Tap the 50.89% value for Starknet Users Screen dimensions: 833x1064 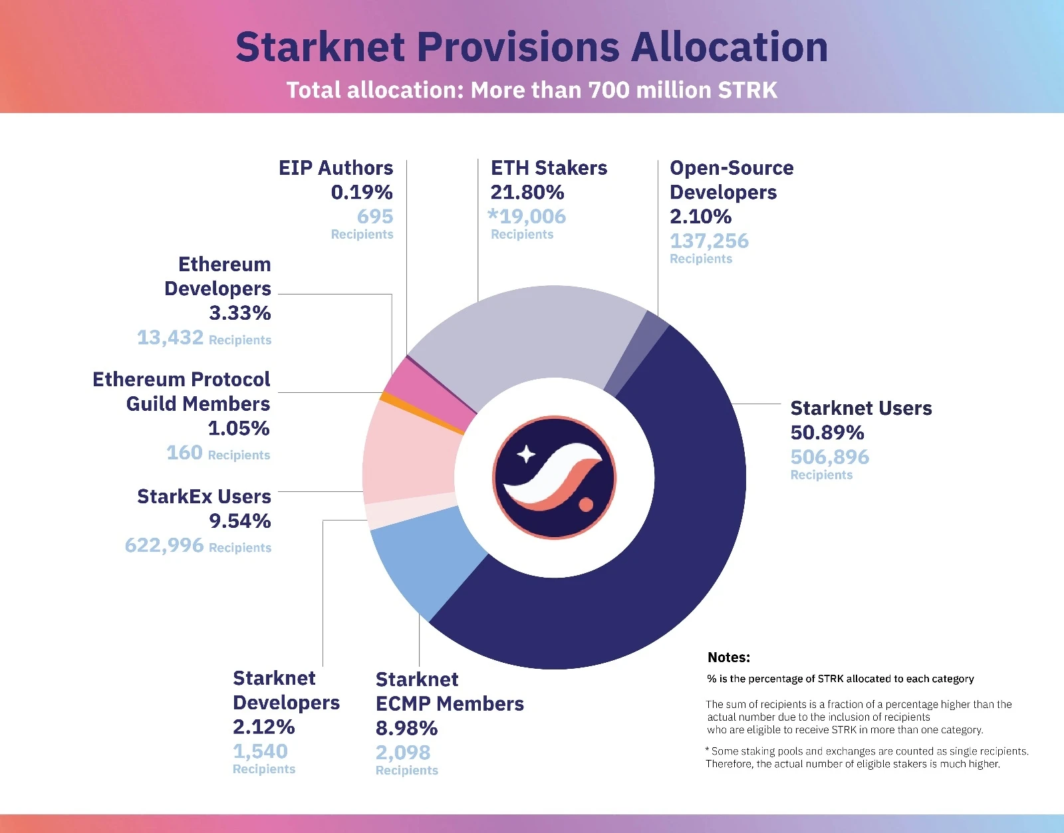click(x=827, y=433)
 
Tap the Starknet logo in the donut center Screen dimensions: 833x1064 click(x=554, y=477)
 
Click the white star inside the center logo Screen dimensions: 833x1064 click(x=526, y=454)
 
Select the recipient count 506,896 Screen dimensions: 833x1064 click(x=829, y=457)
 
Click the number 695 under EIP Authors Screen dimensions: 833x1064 click(x=375, y=217)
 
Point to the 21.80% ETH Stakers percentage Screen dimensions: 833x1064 click(x=527, y=193)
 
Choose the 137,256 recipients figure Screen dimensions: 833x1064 click(x=709, y=241)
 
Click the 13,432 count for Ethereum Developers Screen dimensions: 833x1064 click(x=170, y=338)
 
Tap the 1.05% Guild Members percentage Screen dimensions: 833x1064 click(x=239, y=429)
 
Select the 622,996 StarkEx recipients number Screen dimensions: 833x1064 click(x=164, y=546)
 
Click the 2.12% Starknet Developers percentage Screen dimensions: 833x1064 click(x=263, y=727)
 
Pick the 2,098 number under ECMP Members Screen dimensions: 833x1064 click(x=403, y=753)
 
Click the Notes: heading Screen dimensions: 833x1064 click(x=728, y=658)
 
